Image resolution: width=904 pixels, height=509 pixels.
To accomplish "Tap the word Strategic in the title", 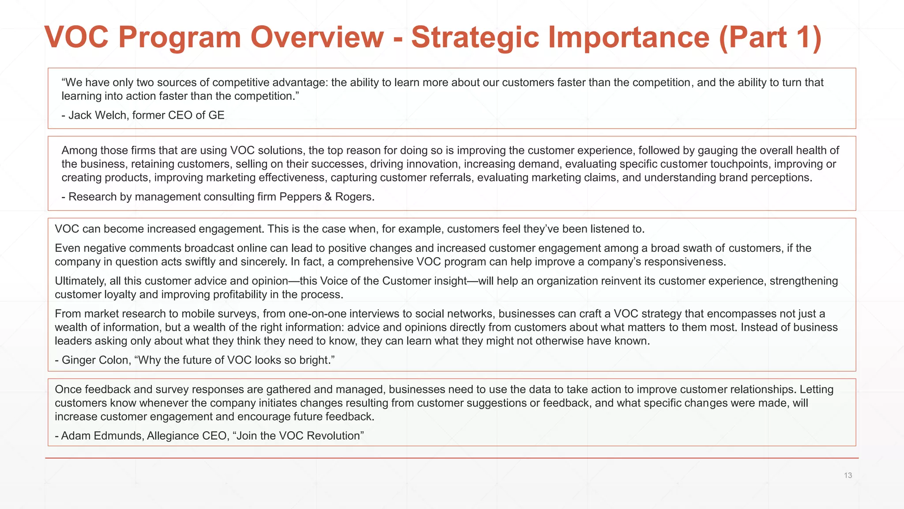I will pos(475,37).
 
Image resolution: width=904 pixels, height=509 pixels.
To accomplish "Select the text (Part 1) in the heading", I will pos(770,37).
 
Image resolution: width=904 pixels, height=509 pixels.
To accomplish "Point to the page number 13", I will pos(847,475).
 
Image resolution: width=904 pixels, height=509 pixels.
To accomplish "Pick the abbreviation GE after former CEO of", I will pos(216,115).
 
